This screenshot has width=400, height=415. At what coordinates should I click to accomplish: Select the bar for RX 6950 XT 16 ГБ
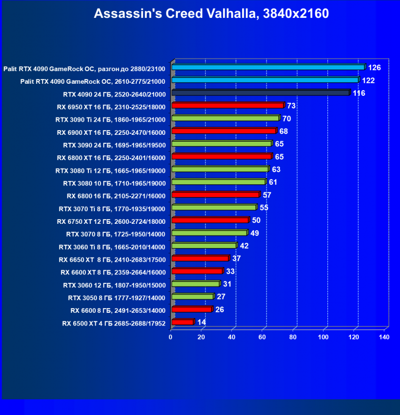pos(227,106)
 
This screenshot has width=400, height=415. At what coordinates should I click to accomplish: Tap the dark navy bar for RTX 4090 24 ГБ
pos(261,93)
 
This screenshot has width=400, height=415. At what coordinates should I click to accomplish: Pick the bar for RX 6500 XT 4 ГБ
pos(182,322)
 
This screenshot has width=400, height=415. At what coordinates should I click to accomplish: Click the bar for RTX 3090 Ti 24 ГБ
pos(225,118)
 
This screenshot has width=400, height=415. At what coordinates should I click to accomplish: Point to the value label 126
pos(374,67)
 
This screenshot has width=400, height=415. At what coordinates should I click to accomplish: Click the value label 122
pos(368,80)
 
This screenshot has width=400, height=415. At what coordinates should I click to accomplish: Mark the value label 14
pos(202,322)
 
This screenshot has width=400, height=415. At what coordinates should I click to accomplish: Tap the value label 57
pos(267,194)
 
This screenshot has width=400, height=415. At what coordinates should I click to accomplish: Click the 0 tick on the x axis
pos(171,337)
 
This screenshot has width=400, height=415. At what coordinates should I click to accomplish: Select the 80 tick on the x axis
pos(293,337)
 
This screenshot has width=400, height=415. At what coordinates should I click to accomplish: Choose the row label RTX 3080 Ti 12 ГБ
pos(111,171)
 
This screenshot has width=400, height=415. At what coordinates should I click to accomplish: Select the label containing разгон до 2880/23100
pos(84,68)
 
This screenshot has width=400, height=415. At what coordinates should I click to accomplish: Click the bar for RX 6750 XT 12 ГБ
pos(209,220)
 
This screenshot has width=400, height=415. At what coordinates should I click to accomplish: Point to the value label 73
pos(291,105)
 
